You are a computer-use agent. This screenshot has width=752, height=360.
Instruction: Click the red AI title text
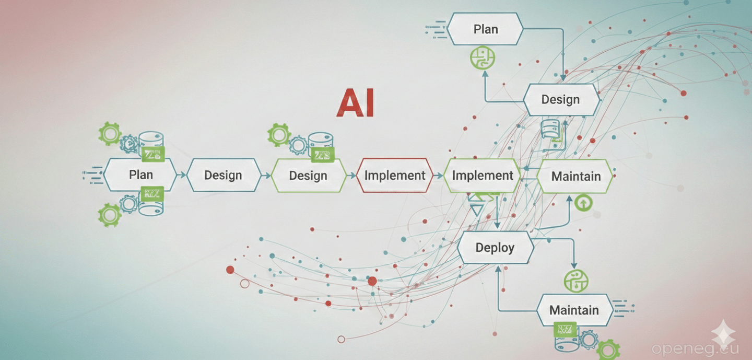pos(356,104)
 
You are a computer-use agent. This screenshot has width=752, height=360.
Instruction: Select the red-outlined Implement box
pos(395,176)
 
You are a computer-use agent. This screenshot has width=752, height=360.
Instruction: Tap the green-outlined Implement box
pos(483,176)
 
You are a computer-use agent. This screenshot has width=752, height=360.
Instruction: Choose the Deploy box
pos(495,248)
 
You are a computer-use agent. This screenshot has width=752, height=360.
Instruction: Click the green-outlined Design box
pos(308,176)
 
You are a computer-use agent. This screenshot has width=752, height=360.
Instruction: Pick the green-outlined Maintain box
pos(575,177)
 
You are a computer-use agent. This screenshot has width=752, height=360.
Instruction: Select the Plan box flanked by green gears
pos(141,175)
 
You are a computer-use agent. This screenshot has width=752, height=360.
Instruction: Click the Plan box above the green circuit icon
pos(485,29)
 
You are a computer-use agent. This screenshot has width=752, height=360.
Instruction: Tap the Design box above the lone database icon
pos(560,100)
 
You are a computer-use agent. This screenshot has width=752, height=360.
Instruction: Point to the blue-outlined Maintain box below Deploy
pos(573,310)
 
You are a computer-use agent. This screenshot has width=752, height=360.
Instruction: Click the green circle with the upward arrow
pos(581,203)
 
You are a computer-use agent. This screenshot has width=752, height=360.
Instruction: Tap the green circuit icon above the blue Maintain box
pos(575,281)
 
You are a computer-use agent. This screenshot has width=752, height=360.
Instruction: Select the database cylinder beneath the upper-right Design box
pos(551,129)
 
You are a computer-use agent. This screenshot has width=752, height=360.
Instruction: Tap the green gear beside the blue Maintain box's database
pos(607,349)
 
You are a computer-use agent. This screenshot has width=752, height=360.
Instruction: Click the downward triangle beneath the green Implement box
pos(477,210)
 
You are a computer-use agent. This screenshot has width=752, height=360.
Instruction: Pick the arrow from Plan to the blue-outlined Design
pos(182,175)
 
